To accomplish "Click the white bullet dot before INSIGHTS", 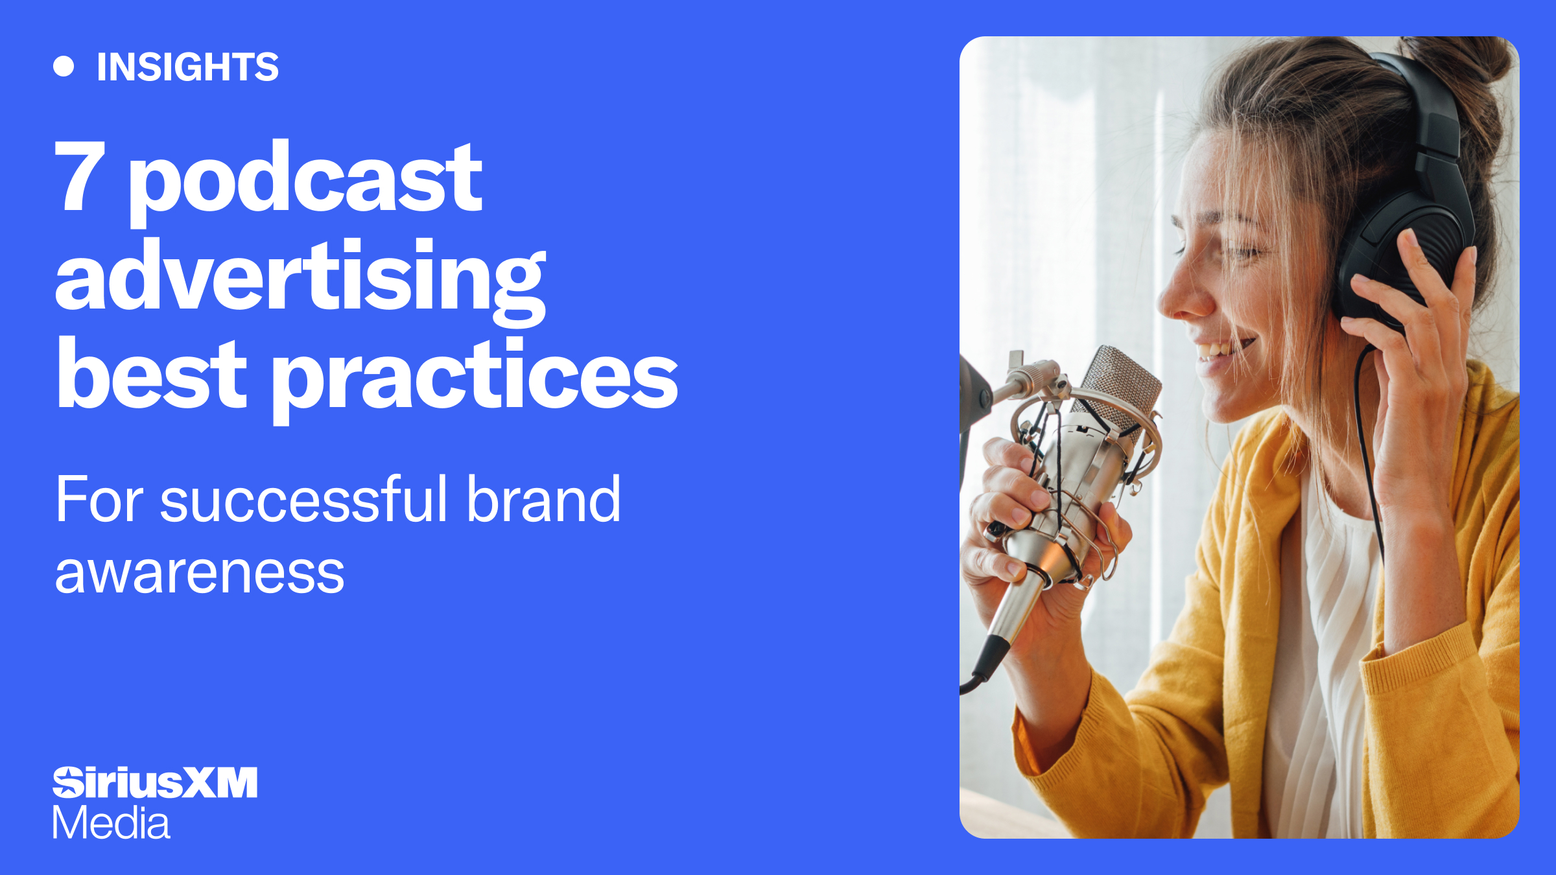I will pyautogui.click(x=64, y=67).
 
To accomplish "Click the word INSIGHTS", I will pyautogui.click(x=187, y=67).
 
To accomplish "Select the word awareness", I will pyautogui.click(x=199, y=573).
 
